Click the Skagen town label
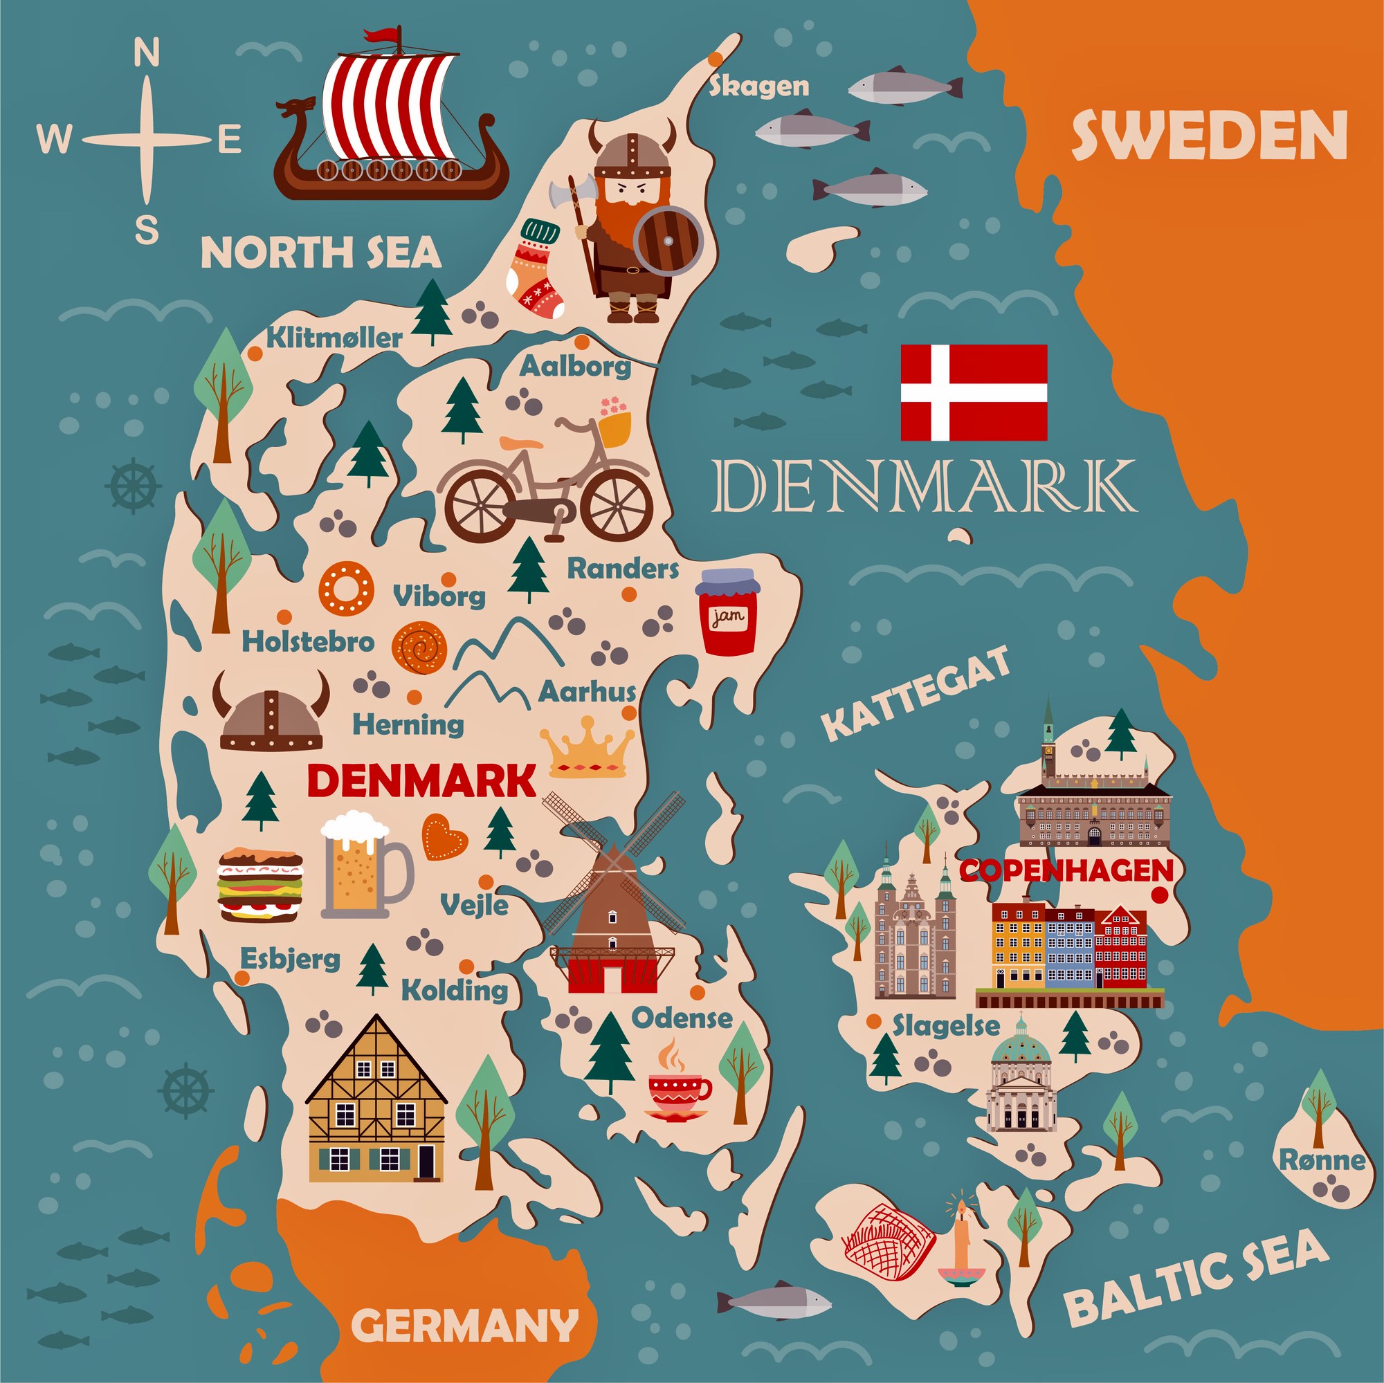click(758, 86)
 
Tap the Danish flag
click(974, 392)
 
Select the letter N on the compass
click(147, 53)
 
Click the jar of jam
click(728, 612)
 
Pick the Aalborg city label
click(575, 366)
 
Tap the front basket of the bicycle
click(614, 428)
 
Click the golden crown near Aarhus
click(588, 749)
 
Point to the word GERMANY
click(464, 1305)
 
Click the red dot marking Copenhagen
click(1160, 895)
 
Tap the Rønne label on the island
click(1322, 1160)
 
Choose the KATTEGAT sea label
click(916, 692)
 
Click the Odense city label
click(682, 1018)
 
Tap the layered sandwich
click(260, 886)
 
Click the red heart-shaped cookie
click(444, 837)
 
